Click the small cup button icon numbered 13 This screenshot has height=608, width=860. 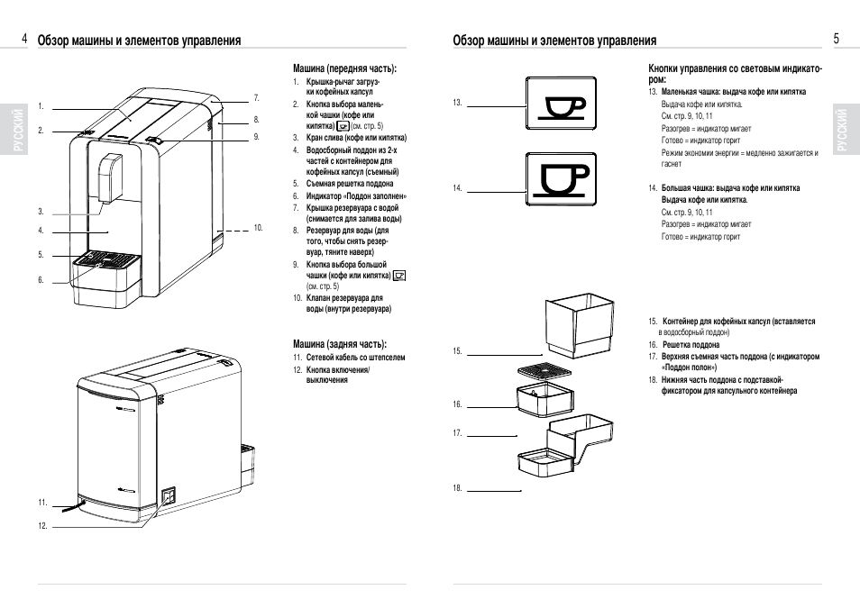562,105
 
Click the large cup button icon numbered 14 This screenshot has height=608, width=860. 562,179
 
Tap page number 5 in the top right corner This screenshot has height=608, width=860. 836,39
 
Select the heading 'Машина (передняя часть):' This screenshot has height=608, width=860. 345,68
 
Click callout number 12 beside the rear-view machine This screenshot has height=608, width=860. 41,525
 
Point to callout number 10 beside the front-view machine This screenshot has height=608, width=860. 258,228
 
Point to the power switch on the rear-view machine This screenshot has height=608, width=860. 168,495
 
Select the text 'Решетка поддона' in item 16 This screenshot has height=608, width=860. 691,345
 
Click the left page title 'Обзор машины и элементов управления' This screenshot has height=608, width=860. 140,41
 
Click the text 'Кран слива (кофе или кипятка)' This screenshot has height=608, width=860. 356,138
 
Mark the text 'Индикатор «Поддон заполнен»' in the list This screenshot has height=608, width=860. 356,195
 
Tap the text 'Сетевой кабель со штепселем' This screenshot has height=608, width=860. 355,358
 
